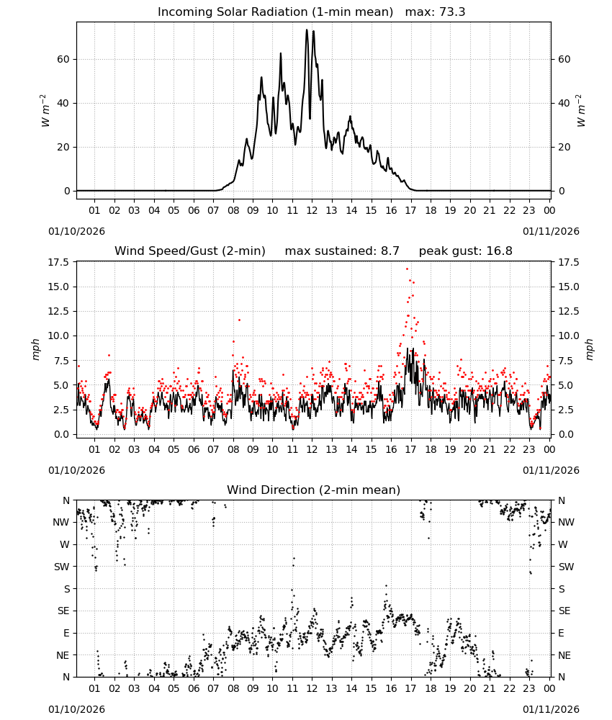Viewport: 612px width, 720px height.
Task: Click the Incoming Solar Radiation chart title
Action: (275, 12)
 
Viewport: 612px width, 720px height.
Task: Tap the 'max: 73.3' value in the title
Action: (435, 12)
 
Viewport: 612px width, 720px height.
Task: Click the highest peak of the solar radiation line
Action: (307, 30)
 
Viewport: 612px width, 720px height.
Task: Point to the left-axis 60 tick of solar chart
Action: (63, 59)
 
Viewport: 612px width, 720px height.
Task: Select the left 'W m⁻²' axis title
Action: (44, 111)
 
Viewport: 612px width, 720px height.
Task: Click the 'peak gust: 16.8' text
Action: (466, 251)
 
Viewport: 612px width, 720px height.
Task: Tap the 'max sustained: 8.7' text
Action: (342, 251)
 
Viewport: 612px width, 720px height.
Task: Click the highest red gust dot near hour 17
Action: (407, 269)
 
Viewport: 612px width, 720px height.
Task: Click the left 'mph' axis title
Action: (36, 349)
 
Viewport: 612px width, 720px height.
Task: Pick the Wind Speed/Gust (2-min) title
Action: (189, 251)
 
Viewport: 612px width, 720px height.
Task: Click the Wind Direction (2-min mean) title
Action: (314, 490)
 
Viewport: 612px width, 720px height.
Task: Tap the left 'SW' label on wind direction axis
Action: (62, 567)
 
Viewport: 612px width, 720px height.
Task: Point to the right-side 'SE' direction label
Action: (564, 611)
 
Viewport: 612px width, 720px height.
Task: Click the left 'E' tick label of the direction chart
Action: (66, 633)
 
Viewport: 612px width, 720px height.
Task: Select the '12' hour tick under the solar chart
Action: (312, 210)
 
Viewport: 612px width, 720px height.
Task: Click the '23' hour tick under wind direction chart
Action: (529, 688)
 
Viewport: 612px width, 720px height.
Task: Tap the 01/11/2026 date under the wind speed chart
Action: (551, 470)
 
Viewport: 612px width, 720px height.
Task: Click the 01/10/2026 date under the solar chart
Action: (76, 231)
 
